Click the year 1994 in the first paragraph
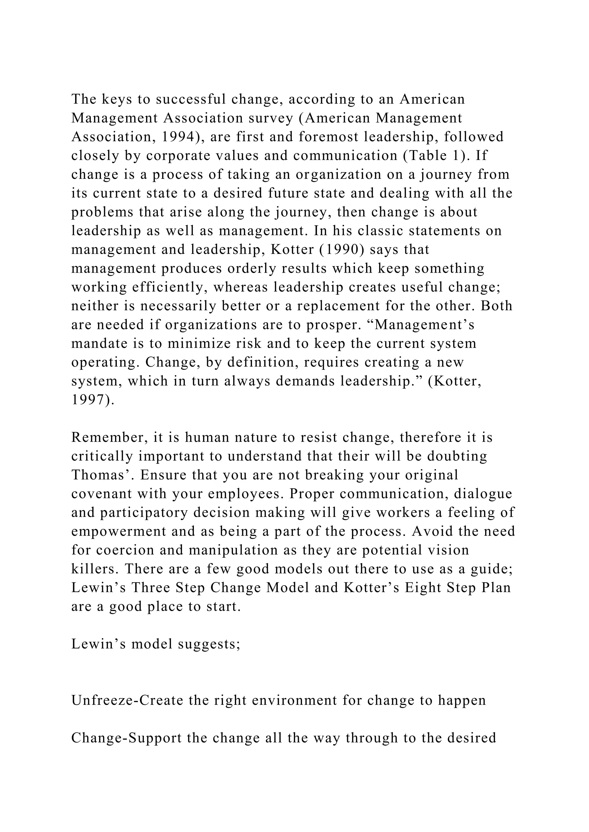179,137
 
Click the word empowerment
118,531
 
